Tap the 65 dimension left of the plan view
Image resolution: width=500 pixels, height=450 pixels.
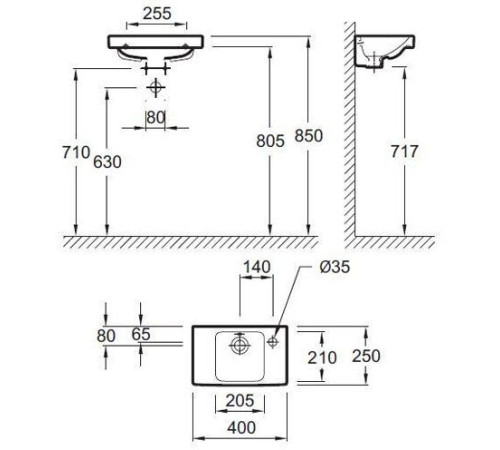[x=139, y=335]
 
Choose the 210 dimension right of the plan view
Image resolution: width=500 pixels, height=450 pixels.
[x=336, y=356]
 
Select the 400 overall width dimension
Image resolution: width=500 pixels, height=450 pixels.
[x=238, y=429]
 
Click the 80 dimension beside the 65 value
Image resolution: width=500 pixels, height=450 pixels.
[x=108, y=335]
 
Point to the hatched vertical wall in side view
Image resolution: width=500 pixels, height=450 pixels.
[x=349, y=130]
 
